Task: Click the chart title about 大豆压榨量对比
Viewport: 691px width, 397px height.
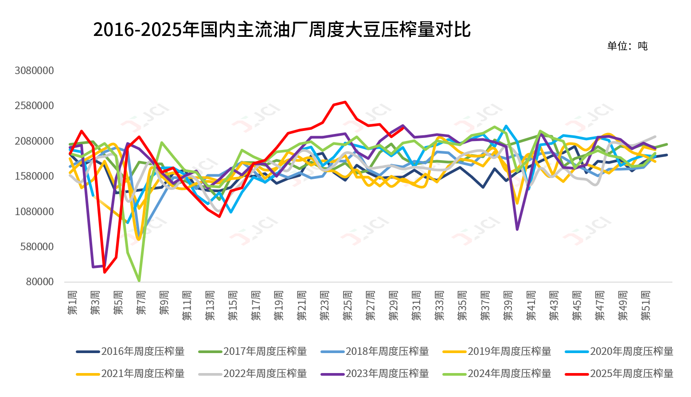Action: point(281,30)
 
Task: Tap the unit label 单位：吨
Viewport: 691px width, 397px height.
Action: point(627,46)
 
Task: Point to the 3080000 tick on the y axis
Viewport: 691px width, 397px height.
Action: point(34,71)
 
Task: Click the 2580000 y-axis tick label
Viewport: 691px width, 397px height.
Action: point(34,106)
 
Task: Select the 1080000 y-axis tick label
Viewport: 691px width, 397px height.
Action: point(34,212)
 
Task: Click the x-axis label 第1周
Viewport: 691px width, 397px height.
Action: point(72,303)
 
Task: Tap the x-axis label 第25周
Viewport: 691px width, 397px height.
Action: point(348,306)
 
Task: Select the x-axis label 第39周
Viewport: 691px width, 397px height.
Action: point(508,306)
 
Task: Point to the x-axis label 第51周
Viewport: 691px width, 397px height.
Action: point(646,306)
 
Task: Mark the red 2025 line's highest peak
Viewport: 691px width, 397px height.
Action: point(345,102)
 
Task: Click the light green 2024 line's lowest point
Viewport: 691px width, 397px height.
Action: point(139,281)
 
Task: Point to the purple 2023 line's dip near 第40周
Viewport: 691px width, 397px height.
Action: point(517,229)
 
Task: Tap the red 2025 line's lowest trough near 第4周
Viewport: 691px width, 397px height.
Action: point(105,272)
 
